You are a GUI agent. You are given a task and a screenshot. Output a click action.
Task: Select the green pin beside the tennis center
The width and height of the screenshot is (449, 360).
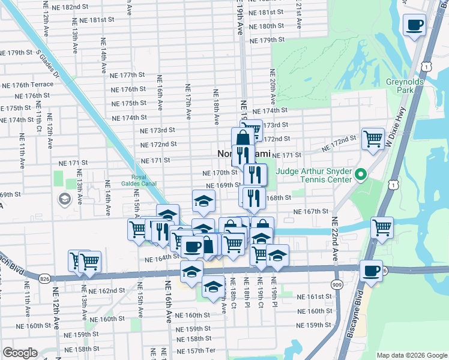pos(360,176)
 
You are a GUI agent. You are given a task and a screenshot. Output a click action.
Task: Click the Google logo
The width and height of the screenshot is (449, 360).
pos(19,353)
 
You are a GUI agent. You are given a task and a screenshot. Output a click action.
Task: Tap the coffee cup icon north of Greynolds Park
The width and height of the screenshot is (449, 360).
pos(414,25)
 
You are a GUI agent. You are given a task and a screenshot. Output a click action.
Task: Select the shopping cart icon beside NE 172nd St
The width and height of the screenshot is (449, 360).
pos(373,139)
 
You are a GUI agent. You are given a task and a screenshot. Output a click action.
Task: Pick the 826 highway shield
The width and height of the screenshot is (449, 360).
pos(45,278)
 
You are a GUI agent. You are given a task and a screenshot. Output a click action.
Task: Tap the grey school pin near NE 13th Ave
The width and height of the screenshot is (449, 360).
pos(64,199)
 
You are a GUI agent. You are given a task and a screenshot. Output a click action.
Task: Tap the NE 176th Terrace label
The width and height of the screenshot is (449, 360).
pos(27,85)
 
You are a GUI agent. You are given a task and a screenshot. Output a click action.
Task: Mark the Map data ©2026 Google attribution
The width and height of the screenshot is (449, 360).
pos(412,355)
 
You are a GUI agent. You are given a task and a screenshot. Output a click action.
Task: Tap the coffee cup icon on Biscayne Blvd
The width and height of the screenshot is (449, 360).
pos(371,270)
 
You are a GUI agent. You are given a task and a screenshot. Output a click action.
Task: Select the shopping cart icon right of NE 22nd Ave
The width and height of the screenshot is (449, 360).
pos(382,227)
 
